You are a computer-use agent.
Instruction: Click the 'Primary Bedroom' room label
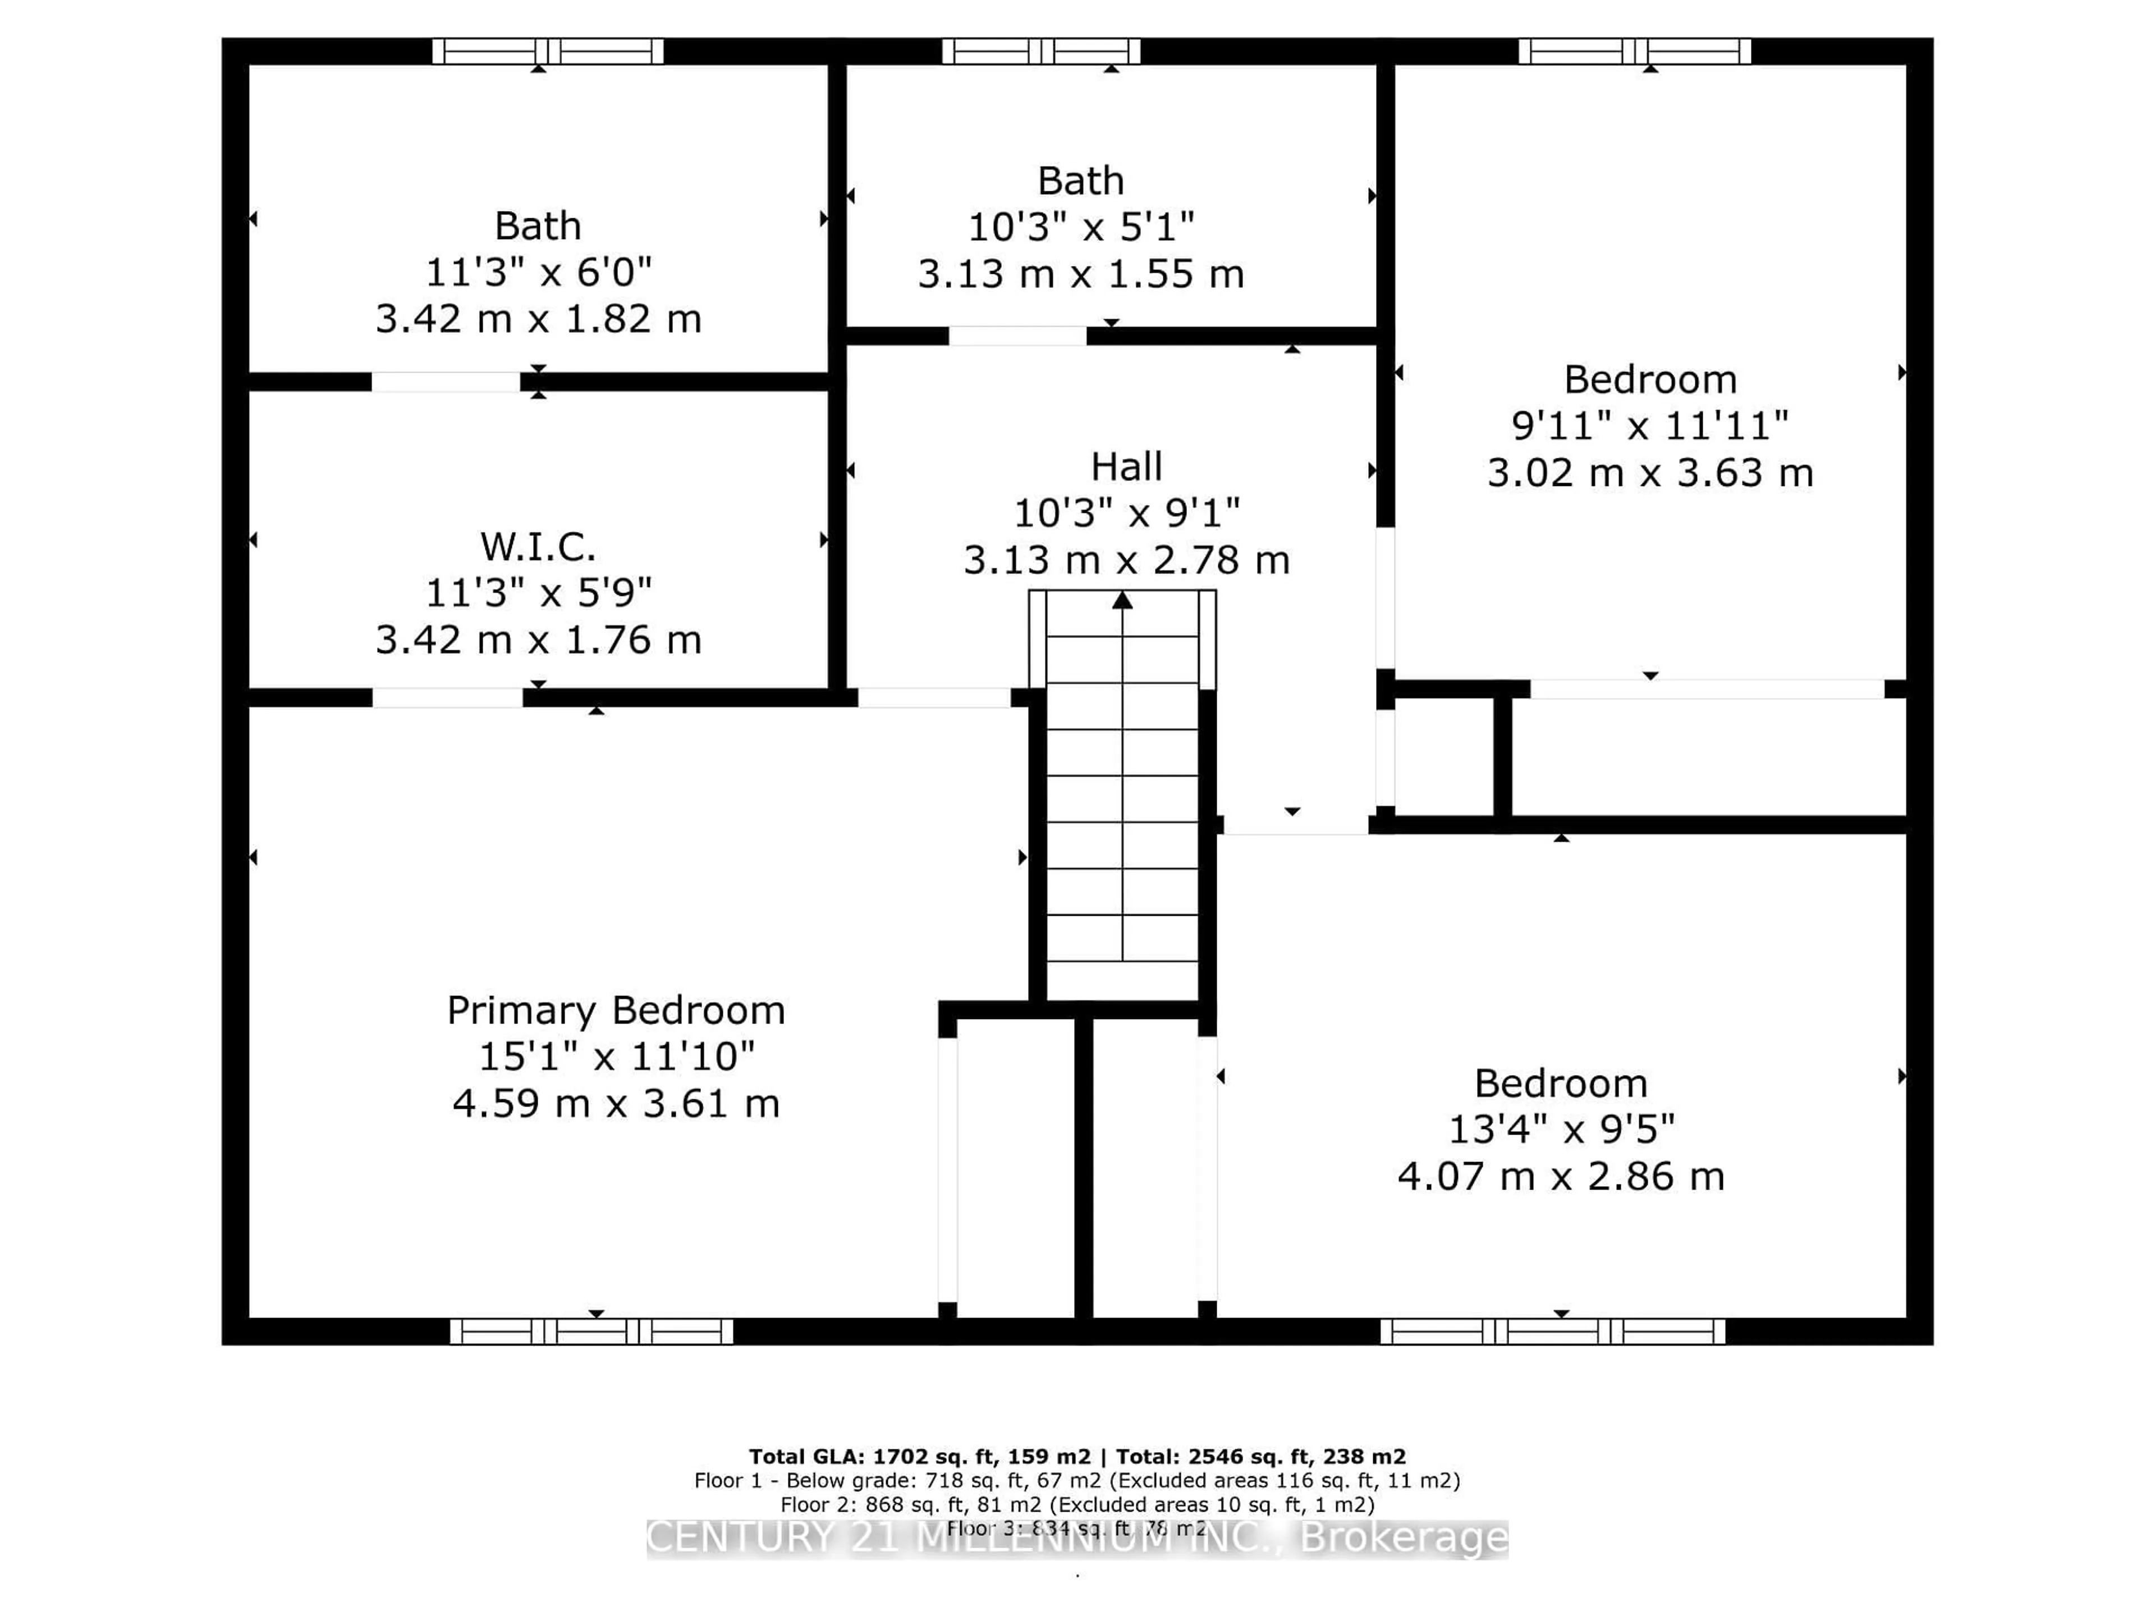pyautogui.click(x=616, y=1010)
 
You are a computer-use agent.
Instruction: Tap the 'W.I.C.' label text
pyautogui.click(x=538, y=547)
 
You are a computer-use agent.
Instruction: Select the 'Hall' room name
pyautogui.click(x=1126, y=467)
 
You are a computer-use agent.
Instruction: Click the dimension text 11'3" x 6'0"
pyautogui.click(x=538, y=272)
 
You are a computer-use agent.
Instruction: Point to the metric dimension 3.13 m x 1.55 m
pyautogui.click(x=1080, y=274)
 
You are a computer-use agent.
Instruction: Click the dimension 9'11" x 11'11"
pyautogui.click(x=1649, y=425)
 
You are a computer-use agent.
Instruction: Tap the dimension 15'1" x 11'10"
pyautogui.click(x=616, y=1056)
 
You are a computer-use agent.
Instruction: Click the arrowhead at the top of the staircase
pyautogui.click(x=1122, y=601)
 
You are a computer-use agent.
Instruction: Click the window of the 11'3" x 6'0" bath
pyautogui.click(x=548, y=50)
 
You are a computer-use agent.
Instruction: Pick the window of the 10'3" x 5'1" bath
pyautogui.click(x=1040, y=50)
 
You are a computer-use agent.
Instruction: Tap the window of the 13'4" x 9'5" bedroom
pyautogui.click(x=1552, y=1330)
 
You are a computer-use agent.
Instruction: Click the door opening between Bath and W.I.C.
pyautogui.click(x=445, y=382)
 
